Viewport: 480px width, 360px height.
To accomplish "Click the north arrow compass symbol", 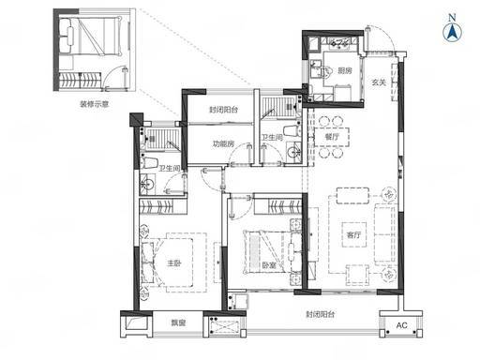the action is click(453, 32).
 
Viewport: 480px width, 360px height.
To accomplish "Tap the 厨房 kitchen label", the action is click(345, 70).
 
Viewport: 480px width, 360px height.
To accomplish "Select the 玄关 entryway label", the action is click(379, 82).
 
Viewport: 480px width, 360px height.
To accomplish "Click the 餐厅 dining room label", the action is click(332, 137).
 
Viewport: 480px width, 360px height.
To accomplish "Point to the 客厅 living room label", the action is click(353, 234).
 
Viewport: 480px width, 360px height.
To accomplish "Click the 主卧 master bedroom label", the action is click(173, 263).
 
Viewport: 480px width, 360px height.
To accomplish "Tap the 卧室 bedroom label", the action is click(268, 265).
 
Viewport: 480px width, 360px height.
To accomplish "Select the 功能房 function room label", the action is click(223, 144).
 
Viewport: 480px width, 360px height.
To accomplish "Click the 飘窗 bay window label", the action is click(178, 322).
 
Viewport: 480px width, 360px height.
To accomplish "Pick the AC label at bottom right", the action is click(401, 325).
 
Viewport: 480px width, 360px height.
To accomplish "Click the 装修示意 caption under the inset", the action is click(94, 104).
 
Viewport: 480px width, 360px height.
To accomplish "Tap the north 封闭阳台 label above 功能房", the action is click(223, 110).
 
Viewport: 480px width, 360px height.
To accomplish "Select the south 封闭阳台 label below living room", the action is click(321, 314).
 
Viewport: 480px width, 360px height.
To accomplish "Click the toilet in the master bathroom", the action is click(149, 163).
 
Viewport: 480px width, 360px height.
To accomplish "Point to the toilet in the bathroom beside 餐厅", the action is click(292, 130).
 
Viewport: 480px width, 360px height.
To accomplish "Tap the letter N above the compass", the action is click(452, 18).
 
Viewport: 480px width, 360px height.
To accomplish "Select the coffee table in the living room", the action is click(354, 234).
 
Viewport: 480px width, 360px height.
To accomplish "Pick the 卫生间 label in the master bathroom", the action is click(170, 169).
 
